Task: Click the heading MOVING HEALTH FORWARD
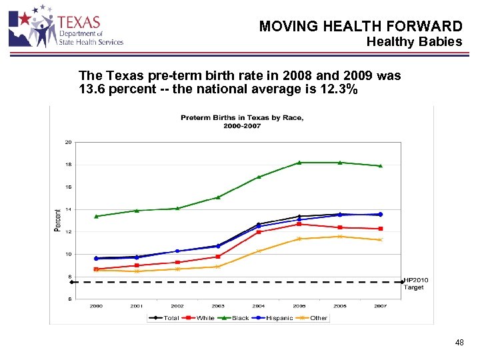point(360,27)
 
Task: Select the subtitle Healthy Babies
point(414,42)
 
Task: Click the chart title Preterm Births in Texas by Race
point(242,118)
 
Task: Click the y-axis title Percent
point(57,220)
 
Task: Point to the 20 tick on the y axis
point(68,142)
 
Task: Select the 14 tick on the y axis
point(68,209)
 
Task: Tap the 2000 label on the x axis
point(96,306)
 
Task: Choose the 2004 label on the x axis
point(259,306)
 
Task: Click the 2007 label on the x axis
point(380,306)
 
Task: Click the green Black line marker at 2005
point(299,162)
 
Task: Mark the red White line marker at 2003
point(218,257)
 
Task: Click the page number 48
point(459,343)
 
